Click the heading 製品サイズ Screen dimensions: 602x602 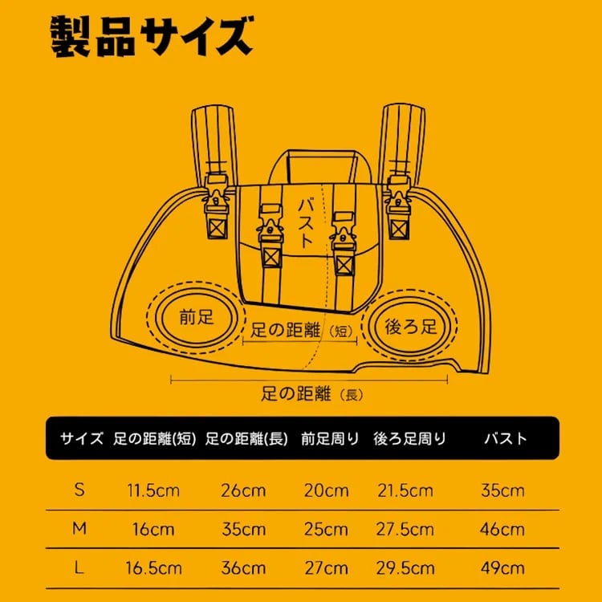[x=152, y=37]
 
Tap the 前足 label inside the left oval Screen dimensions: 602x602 [x=196, y=318]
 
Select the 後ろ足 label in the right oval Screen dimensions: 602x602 [x=410, y=327]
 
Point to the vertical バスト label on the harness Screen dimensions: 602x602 [x=307, y=222]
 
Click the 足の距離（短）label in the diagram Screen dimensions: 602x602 [x=301, y=330]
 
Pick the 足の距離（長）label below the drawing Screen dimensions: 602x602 [x=311, y=393]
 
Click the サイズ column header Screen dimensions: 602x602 [x=81, y=438]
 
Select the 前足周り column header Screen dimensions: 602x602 [x=330, y=438]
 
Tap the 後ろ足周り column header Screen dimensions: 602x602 [x=409, y=438]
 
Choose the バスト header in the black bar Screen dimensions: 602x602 [x=506, y=438]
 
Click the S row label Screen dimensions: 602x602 [x=79, y=490]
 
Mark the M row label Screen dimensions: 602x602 [x=79, y=529]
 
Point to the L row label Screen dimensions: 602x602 [x=79, y=567]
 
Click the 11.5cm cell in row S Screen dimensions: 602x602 [x=153, y=490]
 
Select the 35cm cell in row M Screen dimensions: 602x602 [x=243, y=530]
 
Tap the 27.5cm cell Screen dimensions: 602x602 [x=405, y=530]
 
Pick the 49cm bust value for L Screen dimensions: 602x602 [x=502, y=568]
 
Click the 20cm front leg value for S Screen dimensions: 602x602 [x=327, y=490]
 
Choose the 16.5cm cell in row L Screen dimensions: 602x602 [x=153, y=568]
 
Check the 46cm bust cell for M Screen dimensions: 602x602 [x=502, y=530]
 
